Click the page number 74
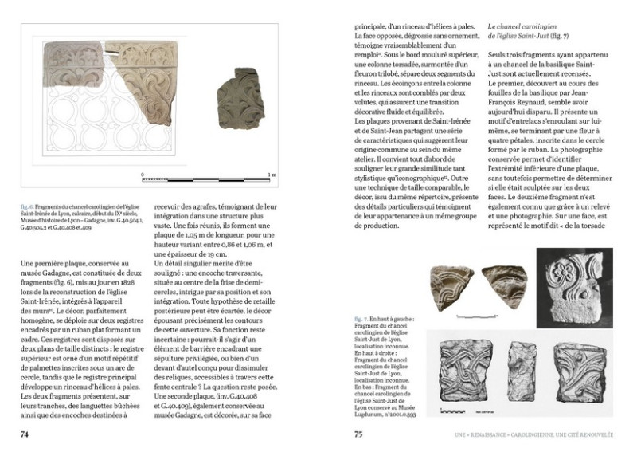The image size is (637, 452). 25,434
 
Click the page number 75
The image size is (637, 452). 359,434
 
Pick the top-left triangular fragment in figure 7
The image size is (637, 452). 451,283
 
